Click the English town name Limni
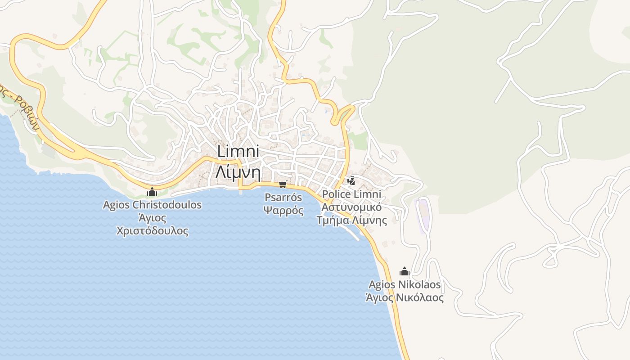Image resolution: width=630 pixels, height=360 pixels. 238,151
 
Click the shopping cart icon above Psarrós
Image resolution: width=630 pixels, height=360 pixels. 283,184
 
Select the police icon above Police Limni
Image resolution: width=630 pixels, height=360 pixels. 351,181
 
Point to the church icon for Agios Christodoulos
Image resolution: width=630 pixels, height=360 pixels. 152,192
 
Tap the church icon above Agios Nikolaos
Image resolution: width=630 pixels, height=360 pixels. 404,271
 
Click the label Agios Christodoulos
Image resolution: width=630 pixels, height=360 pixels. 152,205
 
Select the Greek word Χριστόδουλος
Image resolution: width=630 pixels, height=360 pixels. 152,231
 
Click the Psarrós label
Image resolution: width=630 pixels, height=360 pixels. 283,197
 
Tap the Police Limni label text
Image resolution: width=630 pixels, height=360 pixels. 351,194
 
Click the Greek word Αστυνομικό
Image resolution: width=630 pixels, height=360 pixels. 351,207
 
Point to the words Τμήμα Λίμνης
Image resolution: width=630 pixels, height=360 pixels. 351,220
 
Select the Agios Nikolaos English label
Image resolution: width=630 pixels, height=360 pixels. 404,284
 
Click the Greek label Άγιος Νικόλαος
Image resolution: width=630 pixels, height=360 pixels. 404,297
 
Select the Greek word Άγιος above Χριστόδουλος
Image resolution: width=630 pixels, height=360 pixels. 152,219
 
